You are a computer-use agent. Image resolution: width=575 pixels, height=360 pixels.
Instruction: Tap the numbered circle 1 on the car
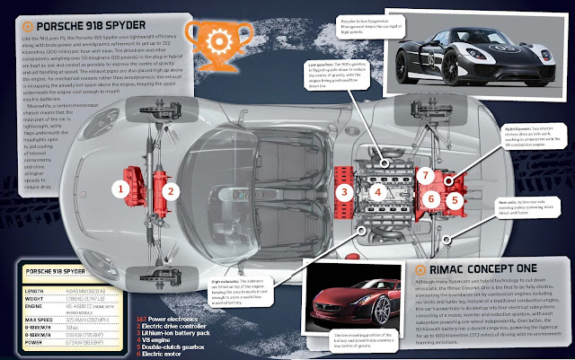116,189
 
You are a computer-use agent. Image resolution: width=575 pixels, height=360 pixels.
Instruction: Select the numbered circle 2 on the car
166,189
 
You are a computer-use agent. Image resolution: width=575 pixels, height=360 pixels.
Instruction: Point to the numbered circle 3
342,190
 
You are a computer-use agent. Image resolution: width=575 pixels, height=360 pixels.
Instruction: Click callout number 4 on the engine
379,190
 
